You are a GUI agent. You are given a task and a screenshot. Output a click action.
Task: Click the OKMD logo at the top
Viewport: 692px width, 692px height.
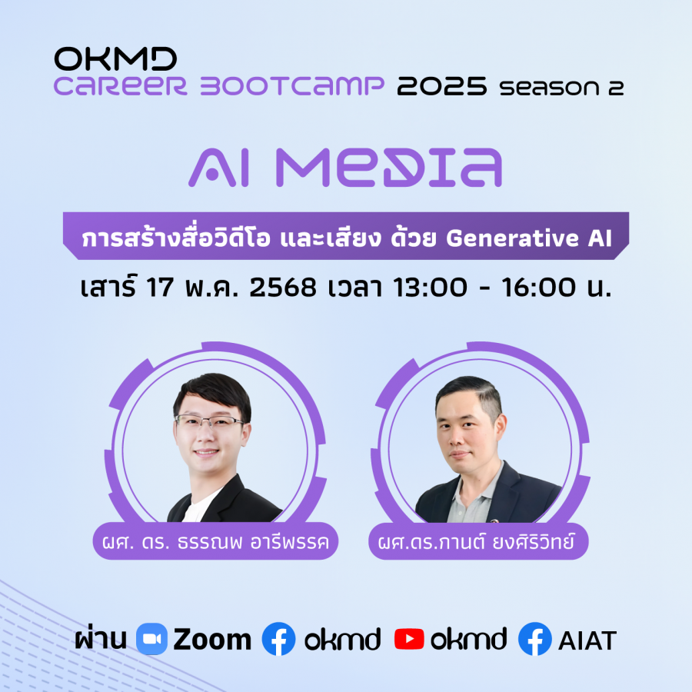click(115, 58)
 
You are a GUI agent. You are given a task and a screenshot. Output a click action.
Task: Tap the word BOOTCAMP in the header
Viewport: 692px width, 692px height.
click(292, 85)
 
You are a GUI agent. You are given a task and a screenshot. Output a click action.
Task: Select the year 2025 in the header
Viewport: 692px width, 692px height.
click(442, 85)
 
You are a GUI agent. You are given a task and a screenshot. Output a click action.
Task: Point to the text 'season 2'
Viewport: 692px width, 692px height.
click(561, 87)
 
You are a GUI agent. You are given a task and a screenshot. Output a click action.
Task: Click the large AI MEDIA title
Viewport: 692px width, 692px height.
click(345, 168)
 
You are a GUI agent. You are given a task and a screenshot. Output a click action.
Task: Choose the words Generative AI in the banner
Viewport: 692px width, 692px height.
click(529, 238)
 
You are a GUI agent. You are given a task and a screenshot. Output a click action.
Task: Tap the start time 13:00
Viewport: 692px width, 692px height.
click(430, 288)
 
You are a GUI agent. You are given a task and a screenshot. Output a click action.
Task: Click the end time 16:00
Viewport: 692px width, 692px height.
click(538, 288)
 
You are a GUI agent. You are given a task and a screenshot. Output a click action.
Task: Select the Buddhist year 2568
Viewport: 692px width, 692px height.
click(283, 288)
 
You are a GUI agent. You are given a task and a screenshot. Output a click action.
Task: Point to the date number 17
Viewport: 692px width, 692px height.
click(159, 288)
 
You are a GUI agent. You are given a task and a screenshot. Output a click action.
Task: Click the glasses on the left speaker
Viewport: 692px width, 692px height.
click(209, 422)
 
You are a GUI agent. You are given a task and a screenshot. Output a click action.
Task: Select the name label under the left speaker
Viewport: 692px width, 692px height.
click(215, 541)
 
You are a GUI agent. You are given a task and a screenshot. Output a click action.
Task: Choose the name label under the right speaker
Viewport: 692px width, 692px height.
click(478, 541)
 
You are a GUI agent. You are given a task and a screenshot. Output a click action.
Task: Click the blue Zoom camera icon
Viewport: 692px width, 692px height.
click(151, 639)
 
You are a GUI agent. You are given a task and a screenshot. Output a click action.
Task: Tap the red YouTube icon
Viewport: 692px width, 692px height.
click(409, 639)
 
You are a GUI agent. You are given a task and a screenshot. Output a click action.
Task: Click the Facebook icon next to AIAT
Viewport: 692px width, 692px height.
click(535, 639)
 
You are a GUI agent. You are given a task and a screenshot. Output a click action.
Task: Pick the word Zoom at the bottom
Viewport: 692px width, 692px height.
click(212, 640)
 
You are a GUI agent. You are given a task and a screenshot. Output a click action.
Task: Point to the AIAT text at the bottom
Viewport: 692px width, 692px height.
click(587, 640)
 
